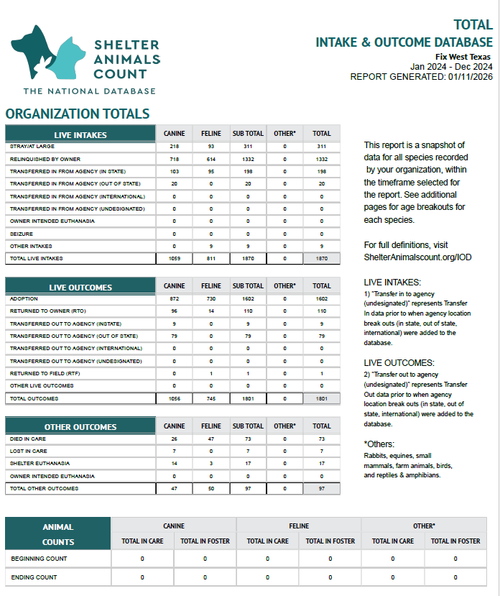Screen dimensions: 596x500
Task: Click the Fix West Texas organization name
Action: [x=464, y=57]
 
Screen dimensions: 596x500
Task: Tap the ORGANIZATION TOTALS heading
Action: [x=78, y=114]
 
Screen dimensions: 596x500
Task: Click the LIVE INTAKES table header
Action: [x=80, y=134]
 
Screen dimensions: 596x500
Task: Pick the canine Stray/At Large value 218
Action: [x=175, y=146]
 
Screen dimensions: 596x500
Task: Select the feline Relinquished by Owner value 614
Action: [x=211, y=159]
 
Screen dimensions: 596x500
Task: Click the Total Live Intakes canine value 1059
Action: [x=175, y=258]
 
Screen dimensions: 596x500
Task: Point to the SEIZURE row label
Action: [x=22, y=234]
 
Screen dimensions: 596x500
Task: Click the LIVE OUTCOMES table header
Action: [x=80, y=288]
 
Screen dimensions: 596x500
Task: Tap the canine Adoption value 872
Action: [x=175, y=298]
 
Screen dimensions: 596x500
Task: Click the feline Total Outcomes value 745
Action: [x=211, y=398]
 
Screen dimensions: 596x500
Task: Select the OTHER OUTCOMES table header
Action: [x=80, y=427]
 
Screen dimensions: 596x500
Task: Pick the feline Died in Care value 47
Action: [x=211, y=439]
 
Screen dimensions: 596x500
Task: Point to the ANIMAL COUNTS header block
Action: [x=58, y=534]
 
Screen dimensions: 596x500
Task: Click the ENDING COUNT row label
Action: [x=34, y=577]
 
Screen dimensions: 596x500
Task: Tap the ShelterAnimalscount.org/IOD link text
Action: [x=417, y=257]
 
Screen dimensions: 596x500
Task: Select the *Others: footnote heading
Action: [x=379, y=444]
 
